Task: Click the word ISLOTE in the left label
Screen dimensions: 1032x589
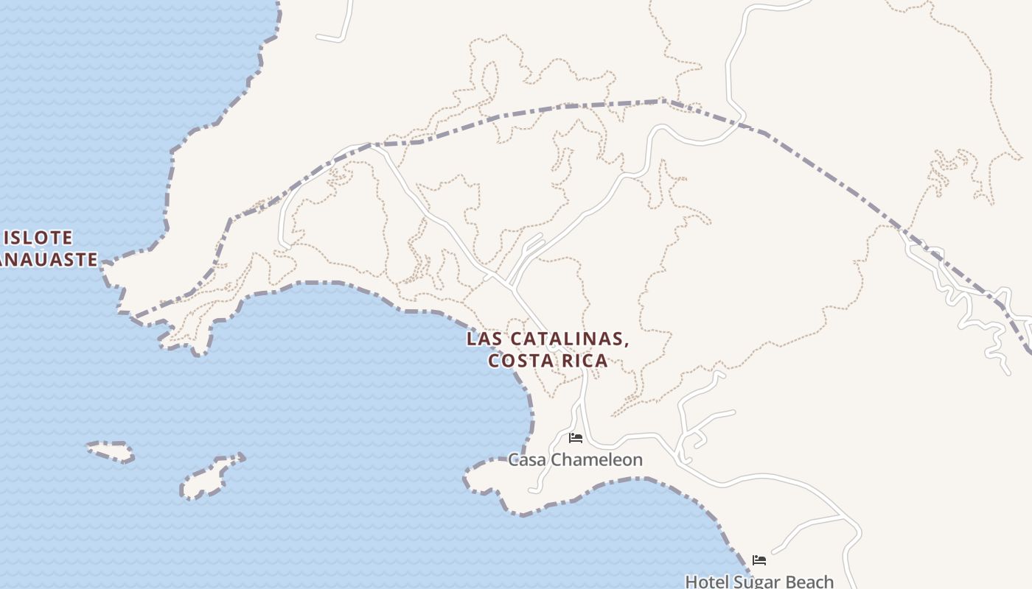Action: pyautogui.click(x=39, y=238)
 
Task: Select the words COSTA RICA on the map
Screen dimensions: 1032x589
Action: pyautogui.click(x=548, y=361)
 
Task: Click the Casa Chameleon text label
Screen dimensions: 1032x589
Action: pyautogui.click(x=575, y=460)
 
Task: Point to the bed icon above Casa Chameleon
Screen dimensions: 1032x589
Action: pyautogui.click(x=576, y=438)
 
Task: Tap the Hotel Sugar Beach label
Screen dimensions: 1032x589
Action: pyautogui.click(x=759, y=582)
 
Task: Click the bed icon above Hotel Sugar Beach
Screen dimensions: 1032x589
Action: pyautogui.click(x=759, y=560)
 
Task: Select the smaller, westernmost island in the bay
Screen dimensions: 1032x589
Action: pyautogui.click(x=111, y=451)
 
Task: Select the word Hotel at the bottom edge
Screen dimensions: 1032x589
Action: pyautogui.click(x=707, y=582)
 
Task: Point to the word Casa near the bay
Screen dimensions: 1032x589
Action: pyautogui.click(x=526, y=460)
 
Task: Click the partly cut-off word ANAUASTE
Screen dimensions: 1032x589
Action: pyautogui.click(x=49, y=259)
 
